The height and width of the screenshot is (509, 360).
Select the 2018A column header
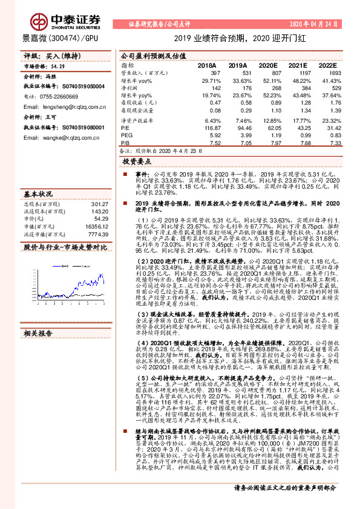[x=206, y=65]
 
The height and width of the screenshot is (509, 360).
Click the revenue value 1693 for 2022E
[x=329, y=73]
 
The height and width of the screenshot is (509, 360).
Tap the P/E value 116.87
[x=209, y=128]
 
